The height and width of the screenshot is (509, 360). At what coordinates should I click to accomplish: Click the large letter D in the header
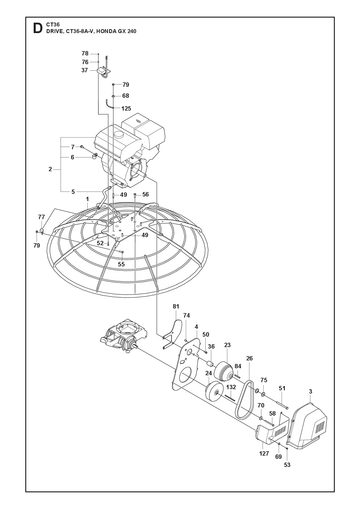(x=37, y=28)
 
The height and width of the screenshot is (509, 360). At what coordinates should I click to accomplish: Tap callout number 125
(x=126, y=108)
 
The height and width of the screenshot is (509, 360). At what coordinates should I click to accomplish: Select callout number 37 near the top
(x=85, y=70)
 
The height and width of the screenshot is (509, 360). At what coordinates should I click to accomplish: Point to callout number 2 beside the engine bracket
(x=50, y=169)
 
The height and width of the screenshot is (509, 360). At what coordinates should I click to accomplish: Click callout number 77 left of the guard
(x=41, y=217)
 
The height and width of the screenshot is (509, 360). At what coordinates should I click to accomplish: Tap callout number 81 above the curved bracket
(x=176, y=306)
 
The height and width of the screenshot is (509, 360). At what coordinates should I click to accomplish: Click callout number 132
(x=231, y=387)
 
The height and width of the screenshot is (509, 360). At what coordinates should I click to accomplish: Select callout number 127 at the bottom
(x=264, y=453)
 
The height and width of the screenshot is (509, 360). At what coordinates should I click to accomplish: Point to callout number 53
(x=287, y=465)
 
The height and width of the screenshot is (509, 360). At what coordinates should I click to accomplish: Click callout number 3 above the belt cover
(x=310, y=392)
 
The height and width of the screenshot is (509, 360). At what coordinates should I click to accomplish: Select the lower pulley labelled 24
(x=213, y=393)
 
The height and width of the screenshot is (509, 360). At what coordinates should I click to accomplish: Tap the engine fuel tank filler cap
(x=118, y=135)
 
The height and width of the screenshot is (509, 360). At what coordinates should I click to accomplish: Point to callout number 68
(x=125, y=96)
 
